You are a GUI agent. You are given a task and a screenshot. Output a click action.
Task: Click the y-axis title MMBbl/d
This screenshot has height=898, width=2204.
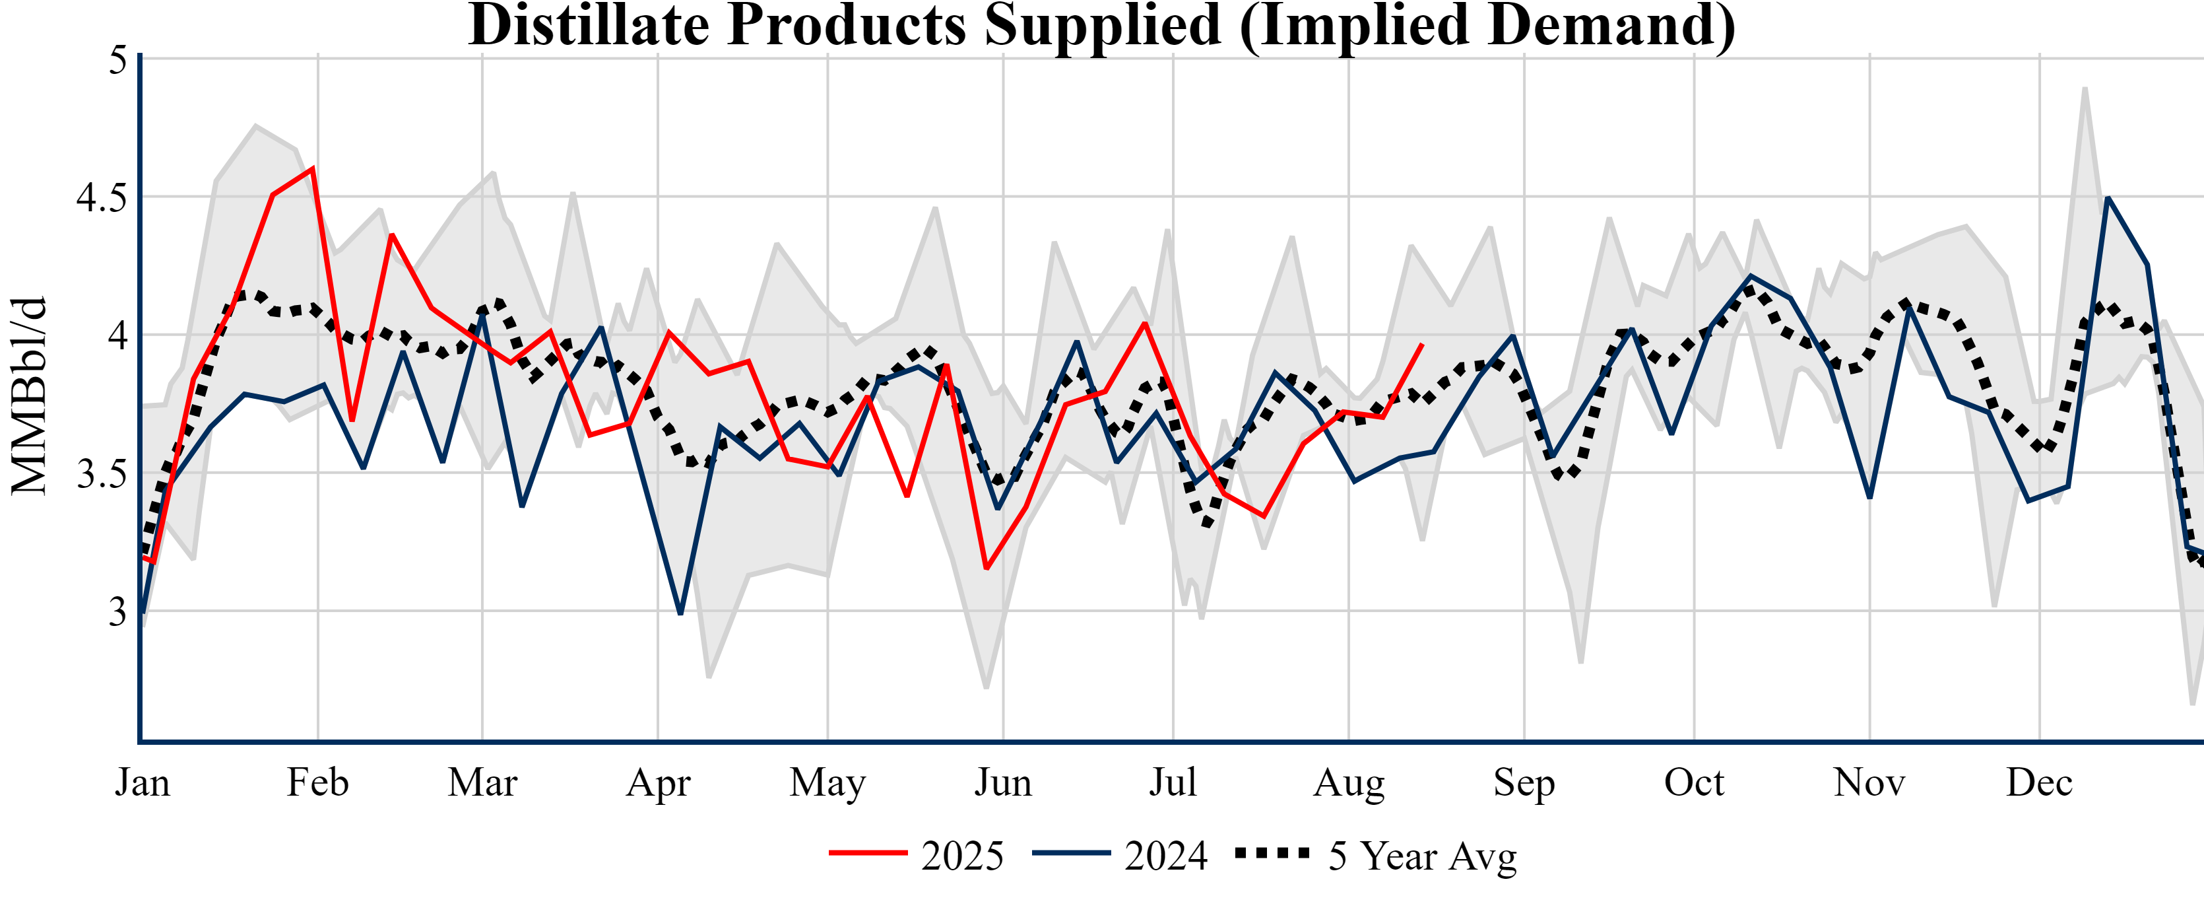pyautogui.click(x=29, y=396)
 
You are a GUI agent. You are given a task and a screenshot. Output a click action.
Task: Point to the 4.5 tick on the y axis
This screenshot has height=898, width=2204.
pyautogui.click(x=101, y=197)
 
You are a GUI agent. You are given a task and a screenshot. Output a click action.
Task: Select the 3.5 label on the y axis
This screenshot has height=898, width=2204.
pyautogui.click(x=101, y=473)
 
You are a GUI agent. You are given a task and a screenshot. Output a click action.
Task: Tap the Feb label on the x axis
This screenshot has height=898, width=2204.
pyautogui.click(x=317, y=782)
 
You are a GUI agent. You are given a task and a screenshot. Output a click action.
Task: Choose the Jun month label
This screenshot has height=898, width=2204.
pyautogui.click(x=1003, y=782)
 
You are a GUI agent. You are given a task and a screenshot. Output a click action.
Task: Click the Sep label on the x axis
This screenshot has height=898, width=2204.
pyautogui.click(x=1524, y=782)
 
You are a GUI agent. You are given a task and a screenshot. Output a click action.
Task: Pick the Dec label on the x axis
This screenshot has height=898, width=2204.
pyautogui.click(x=2039, y=782)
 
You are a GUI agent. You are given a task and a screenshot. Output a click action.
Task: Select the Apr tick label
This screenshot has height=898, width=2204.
pyautogui.click(x=658, y=782)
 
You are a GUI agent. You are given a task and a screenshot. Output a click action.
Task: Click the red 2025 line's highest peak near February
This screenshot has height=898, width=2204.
pyautogui.click(x=313, y=168)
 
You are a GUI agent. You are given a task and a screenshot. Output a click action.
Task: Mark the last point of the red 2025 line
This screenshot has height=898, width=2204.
pyautogui.click(x=1422, y=344)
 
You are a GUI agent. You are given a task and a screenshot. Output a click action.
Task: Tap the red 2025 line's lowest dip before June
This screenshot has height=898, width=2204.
pyautogui.click(x=987, y=569)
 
